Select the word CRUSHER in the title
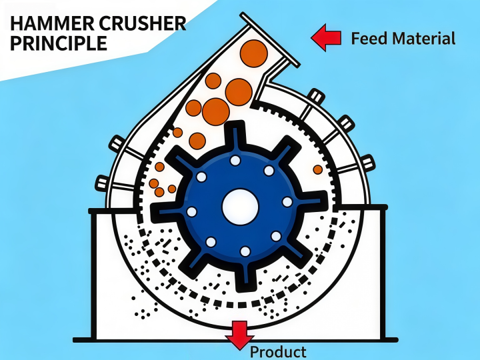[x=143, y=23]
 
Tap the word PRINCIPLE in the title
[x=59, y=43]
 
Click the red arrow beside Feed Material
[x=326, y=37]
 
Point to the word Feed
[x=369, y=39]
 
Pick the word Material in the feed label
[x=424, y=39]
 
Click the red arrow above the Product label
[x=240, y=335]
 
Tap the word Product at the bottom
[x=278, y=352]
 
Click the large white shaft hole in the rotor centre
[x=240, y=207]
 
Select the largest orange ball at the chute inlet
[x=254, y=53]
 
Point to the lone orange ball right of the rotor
[x=318, y=169]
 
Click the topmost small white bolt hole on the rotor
[x=235, y=160]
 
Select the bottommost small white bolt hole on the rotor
[x=245, y=251]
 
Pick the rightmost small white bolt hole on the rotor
[x=287, y=202]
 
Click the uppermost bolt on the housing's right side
[x=316, y=95]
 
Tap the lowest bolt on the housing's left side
[x=102, y=183]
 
